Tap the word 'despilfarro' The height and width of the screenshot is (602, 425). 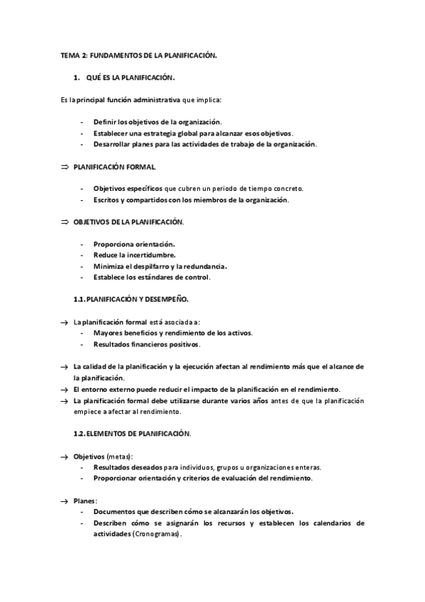(145, 266)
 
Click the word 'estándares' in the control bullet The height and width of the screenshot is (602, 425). (157, 277)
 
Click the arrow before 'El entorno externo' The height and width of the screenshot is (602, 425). (64, 389)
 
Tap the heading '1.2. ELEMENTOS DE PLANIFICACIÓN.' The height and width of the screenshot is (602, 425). (133, 433)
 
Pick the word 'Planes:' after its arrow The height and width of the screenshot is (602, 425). (86, 500)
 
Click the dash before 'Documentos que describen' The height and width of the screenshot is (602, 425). (84, 512)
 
